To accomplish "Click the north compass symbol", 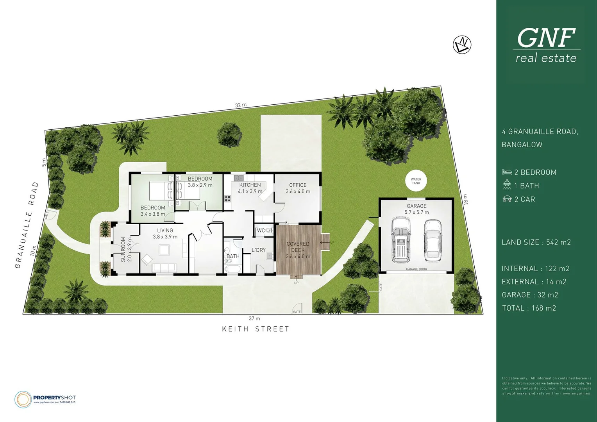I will (x=462, y=45).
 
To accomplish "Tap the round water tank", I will (x=416, y=181).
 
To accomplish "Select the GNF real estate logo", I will (x=546, y=45).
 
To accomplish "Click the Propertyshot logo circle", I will (x=23, y=399).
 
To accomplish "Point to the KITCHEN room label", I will (x=250, y=185).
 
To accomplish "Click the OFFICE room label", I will (x=298, y=185).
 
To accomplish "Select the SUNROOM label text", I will (x=123, y=249).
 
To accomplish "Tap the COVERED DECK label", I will (x=298, y=247).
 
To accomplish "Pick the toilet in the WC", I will (x=268, y=231).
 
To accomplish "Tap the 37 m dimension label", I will (x=254, y=318).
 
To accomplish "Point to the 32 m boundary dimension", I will (x=241, y=105).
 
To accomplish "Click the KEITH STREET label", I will (x=256, y=329).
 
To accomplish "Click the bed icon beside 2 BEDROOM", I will (x=507, y=172).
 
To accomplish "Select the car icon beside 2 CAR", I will (x=507, y=199).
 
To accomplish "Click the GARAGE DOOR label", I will (x=416, y=269).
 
